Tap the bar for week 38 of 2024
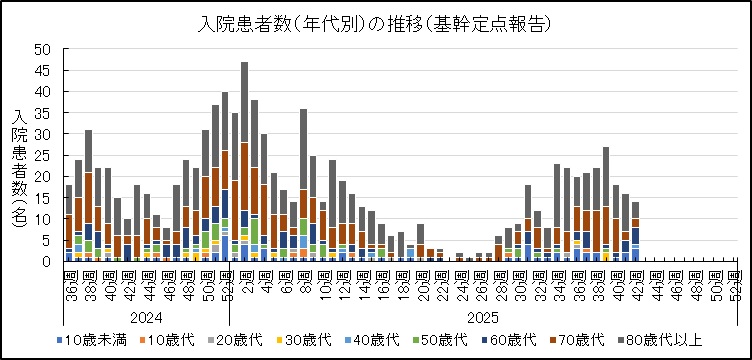click(x=88, y=195)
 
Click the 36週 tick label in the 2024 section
click(x=69, y=279)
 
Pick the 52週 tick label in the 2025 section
click(x=737, y=279)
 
